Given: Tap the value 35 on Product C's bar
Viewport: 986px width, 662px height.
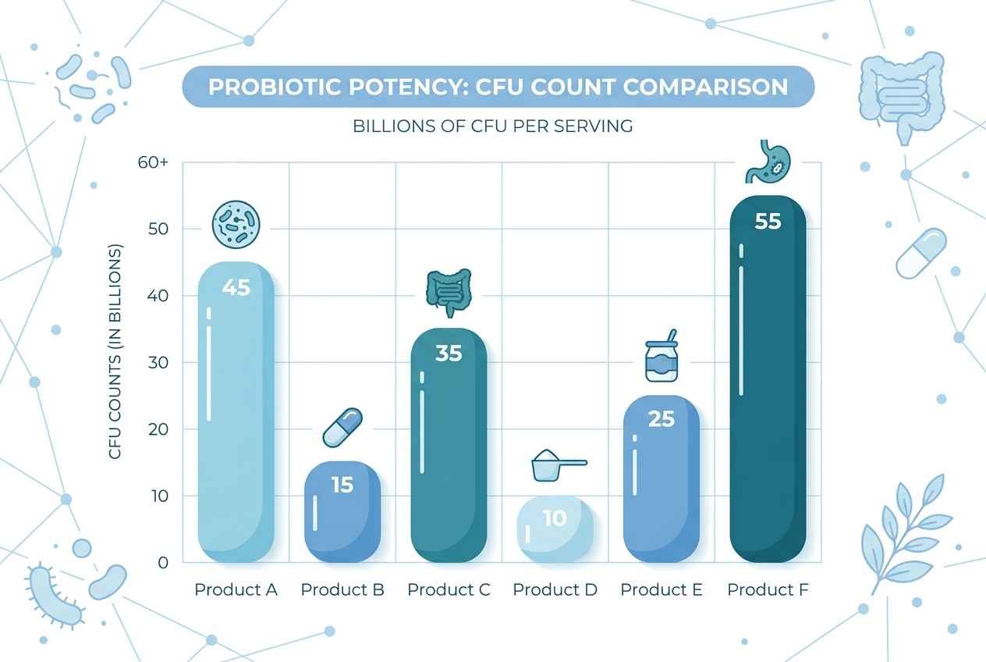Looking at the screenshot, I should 449,354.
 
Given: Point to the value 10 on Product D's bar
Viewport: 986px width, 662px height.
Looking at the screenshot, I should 555,518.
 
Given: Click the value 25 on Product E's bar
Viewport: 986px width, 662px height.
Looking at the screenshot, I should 661,419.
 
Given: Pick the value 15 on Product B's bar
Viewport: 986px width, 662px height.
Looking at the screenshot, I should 342,485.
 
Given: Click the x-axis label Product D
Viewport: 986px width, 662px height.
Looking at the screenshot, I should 555,589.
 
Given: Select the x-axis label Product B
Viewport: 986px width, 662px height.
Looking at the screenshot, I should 342,589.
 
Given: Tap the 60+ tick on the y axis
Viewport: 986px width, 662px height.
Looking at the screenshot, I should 154,163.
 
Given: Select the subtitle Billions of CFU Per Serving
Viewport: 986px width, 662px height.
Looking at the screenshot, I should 492,126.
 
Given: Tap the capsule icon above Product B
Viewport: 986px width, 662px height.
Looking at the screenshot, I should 342,428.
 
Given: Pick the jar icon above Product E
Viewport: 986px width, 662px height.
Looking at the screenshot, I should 662,358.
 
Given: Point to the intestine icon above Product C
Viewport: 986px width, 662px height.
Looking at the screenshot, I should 449,291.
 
